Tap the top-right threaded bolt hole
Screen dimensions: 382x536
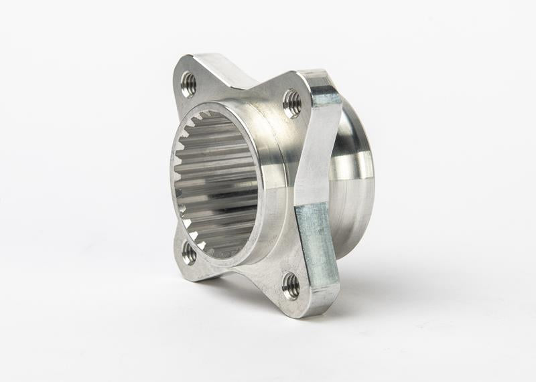292,103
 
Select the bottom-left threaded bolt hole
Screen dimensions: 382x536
190,253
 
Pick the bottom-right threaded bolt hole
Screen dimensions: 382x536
291,286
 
